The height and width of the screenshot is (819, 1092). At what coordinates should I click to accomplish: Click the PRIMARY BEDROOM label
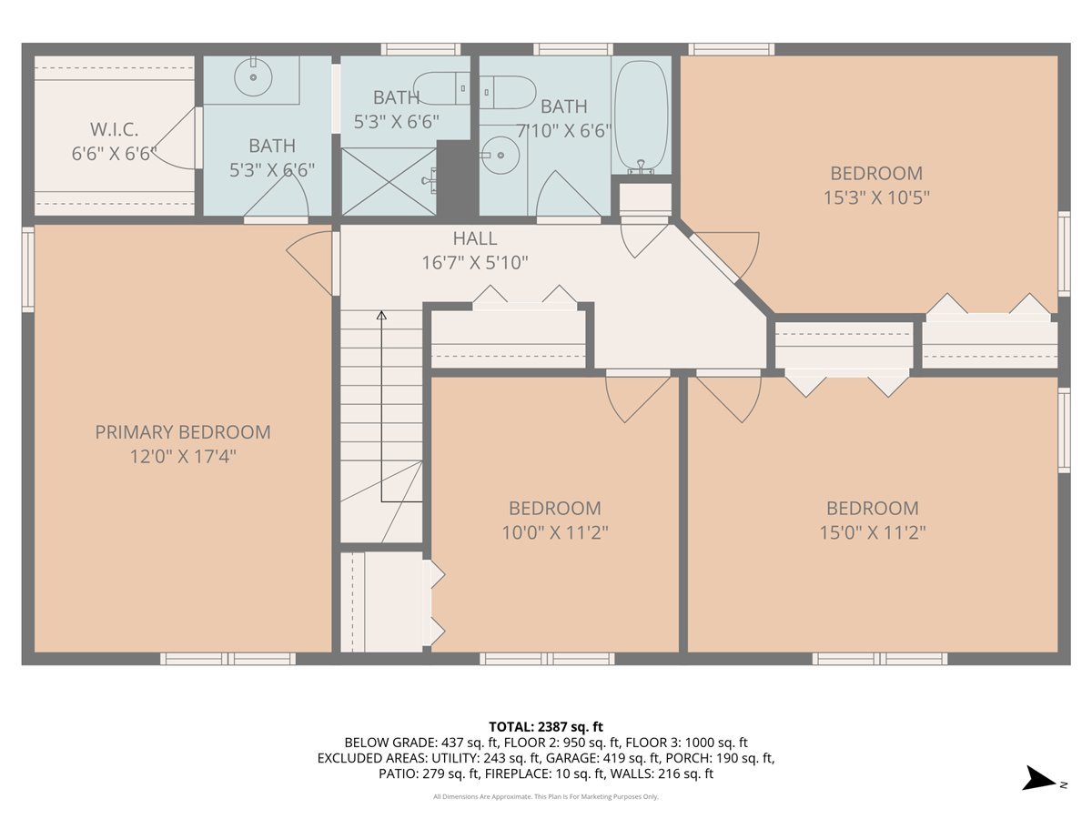(183, 432)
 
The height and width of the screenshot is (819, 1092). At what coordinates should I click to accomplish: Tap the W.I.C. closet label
(114, 130)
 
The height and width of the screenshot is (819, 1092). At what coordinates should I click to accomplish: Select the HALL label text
(475, 238)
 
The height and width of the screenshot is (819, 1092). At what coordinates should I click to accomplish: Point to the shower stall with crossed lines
(389, 181)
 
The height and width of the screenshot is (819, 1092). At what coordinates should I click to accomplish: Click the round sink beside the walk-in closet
(253, 77)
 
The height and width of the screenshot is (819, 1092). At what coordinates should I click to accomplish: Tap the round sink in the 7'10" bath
(501, 155)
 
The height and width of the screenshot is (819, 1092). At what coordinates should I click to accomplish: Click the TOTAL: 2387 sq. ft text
(546, 727)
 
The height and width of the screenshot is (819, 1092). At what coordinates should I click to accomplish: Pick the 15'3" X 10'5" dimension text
(876, 197)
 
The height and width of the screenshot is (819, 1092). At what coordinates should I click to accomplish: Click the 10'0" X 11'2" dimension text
(555, 533)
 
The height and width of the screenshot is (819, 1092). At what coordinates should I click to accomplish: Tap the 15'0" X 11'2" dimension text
(873, 533)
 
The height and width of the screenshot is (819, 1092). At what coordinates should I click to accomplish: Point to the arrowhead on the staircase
(381, 315)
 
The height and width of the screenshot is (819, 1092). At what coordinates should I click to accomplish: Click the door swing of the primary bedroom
(308, 258)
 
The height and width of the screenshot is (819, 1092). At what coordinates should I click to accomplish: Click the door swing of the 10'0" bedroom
(637, 398)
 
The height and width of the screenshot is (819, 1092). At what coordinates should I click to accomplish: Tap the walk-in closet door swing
(174, 138)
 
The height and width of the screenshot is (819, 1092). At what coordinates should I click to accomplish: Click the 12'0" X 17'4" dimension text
(183, 457)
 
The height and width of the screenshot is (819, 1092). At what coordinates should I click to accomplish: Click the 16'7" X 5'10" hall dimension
(475, 263)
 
